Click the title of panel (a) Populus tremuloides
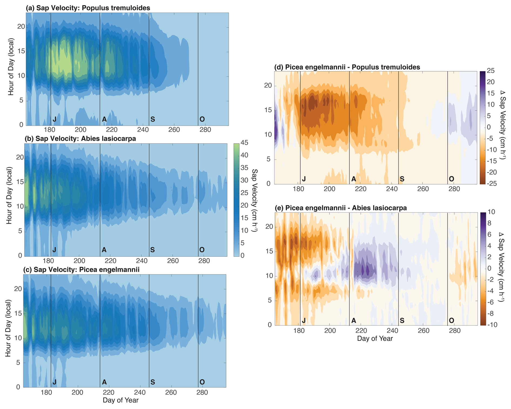click(88, 8)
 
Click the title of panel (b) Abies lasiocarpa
click(80, 139)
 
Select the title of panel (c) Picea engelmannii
click(81, 270)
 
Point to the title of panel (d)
click(347, 67)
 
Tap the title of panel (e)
click(341, 208)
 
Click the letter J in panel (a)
click(54, 119)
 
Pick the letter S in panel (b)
click(152, 250)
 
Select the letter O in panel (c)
click(202, 382)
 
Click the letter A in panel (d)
click(354, 179)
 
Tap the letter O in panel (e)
click(451, 321)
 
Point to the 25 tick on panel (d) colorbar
click(491, 71)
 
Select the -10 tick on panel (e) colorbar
click(490, 325)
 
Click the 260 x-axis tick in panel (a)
click(174, 130)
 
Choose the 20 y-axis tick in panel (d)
click(268, 86)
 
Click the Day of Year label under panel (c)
click(120, 400)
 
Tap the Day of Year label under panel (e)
click(375, 338)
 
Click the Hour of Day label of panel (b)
click(9, 195)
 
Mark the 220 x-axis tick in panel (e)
click(361, 331)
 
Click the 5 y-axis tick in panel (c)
click(18, 363)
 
